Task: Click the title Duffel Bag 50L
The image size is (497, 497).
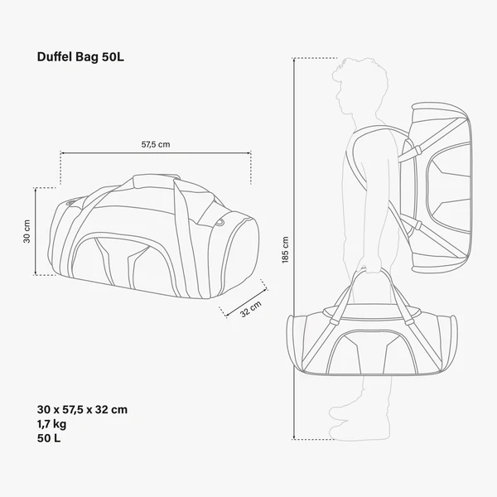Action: tap(80, 57)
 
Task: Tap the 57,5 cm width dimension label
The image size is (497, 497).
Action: tap(156, 144)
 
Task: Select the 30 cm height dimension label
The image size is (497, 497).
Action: tap(27, 232)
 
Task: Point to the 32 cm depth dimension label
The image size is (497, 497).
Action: tap(250, 310)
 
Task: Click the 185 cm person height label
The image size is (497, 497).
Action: tap(286, 248)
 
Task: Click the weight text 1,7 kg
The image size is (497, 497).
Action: tap(55, 423)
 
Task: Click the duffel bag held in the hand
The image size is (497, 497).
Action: tap(369, 340)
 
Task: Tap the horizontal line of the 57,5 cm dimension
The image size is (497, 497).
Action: tap(156, 153)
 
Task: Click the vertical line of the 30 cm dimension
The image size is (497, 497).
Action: tap(36, 232)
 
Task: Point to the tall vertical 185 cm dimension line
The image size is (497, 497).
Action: tap(296, 248)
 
